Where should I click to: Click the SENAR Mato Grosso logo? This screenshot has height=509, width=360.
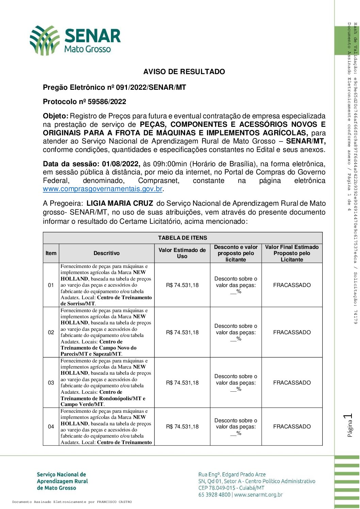[75, 40]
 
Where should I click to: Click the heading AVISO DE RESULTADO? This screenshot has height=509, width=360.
[184, 72]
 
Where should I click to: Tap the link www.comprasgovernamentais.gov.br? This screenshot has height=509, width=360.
[102, 189]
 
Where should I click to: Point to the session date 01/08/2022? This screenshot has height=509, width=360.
[121, 164]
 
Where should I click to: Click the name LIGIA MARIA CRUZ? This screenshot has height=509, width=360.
[120, 203]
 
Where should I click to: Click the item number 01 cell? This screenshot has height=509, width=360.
[51, 285]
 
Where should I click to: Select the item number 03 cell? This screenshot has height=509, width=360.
[51, 383]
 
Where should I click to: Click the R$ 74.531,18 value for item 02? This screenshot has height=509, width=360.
[182, 333]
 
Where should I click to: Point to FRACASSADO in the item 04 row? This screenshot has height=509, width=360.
[292, 427]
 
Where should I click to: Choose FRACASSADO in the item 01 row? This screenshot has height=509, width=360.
[292, 285]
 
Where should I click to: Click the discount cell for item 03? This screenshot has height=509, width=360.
[235, 383]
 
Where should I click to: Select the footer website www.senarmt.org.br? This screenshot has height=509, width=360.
[258, 495]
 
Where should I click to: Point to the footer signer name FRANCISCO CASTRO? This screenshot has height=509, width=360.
[114, 502]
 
